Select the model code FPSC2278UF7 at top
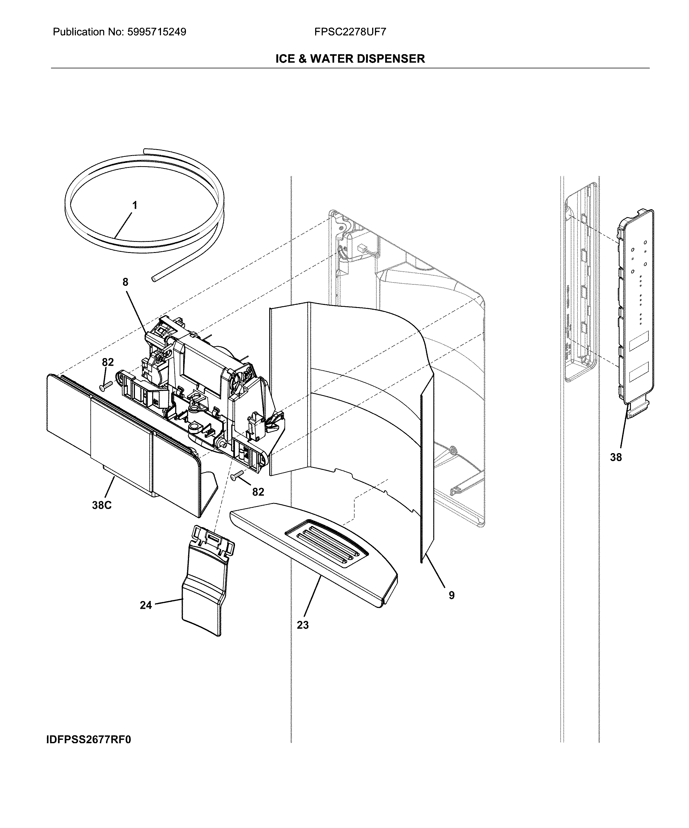[x=350, y=32]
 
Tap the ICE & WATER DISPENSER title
[x=350, y=59]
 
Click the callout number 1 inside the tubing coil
[x=135, y=205]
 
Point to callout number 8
[x=125, y=282]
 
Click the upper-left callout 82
[x=108, y=362]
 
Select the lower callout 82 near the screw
[x=258, y=492]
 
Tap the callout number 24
[x=146, y=605]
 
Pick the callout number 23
[x=303, y=625]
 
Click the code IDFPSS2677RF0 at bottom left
[x=89, y=740]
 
